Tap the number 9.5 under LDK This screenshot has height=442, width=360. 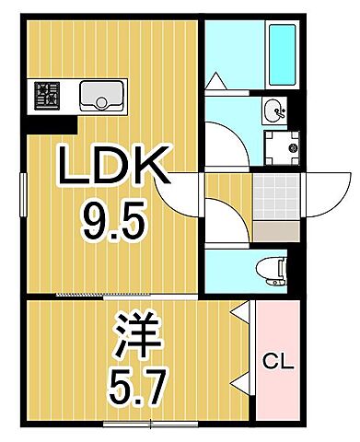click(x=112, y=220)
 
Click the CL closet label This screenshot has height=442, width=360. click(x=279, y=362)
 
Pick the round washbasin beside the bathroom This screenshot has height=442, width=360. click(x=275, y=110)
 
